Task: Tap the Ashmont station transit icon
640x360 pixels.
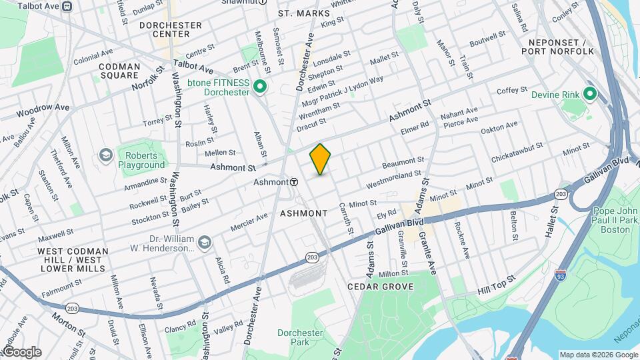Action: coord(293,181)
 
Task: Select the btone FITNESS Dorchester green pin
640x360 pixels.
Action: coord(261,87)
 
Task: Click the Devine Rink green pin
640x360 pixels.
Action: coord(589,94)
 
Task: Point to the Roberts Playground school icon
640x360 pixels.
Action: coord(105,155)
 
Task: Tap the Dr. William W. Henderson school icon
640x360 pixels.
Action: coord(205,241)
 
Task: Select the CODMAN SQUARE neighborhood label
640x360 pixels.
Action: coord(119,71)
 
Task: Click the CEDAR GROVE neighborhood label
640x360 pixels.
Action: coord(381,287)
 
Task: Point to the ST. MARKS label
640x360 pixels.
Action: coord(304,13)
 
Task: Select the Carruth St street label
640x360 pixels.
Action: coord(347,218)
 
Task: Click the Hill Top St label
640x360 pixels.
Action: coord(497,285)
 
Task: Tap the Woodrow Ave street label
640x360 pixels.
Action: coord(43,107)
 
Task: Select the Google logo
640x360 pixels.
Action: coord(21,351)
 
